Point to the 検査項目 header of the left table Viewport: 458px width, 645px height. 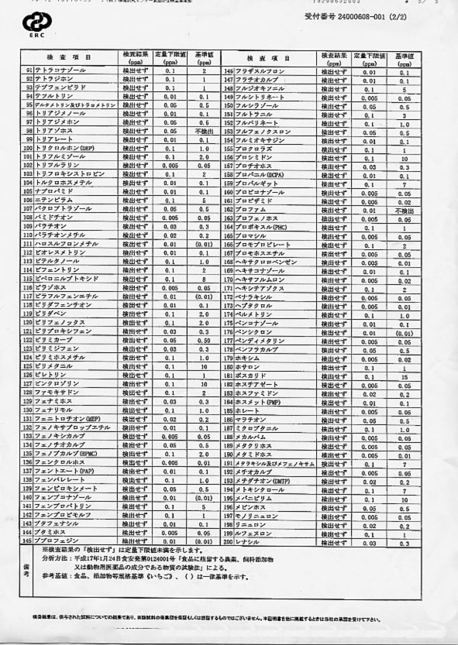click(70, 57)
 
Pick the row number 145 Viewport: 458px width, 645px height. click(229, 71)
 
